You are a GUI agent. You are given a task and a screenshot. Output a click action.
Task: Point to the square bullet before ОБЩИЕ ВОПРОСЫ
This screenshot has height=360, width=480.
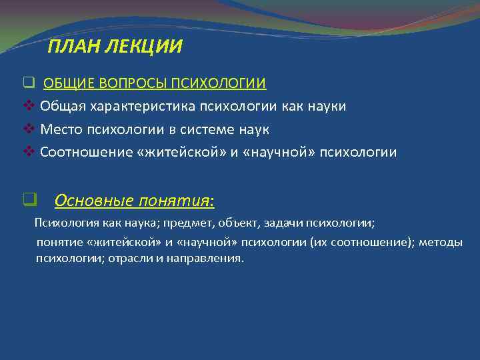[28, 83]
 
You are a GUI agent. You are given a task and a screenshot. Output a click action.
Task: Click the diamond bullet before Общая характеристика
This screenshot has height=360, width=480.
[29, 106]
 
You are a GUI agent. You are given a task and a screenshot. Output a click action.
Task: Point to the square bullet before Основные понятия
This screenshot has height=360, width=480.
[28, 199]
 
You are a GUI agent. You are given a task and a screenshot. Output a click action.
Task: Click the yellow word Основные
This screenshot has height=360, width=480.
[87, 200]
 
